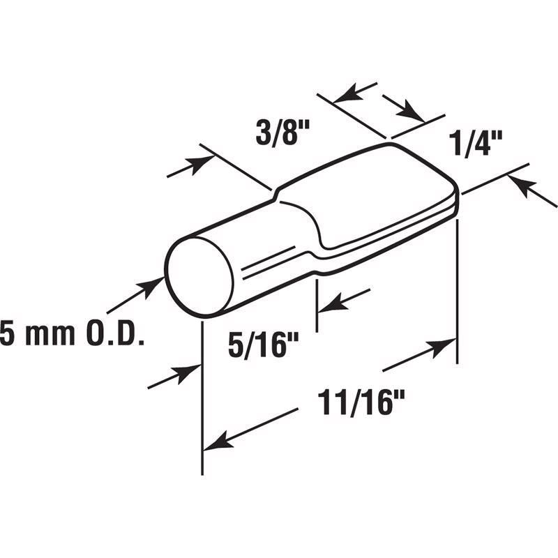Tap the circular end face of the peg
point(199,276)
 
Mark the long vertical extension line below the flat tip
point(457,293)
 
